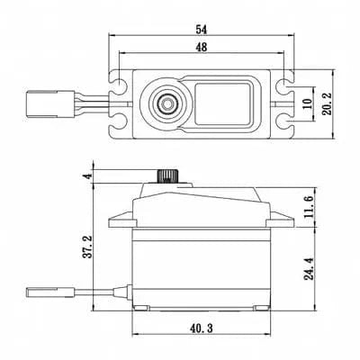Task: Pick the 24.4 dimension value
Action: pos(310,267)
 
